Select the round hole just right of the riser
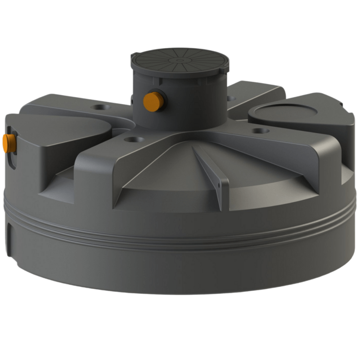coord(231,98)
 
